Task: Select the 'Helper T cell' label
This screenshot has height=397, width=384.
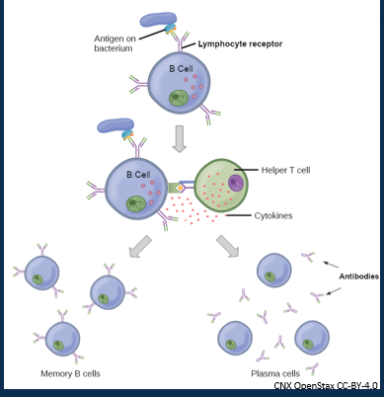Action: pos(289,170)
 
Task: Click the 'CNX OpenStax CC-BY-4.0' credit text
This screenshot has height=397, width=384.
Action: pos(327,385)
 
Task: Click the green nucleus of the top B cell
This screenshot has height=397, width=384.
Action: pos(179,100)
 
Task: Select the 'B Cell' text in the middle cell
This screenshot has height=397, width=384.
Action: pos(137,175)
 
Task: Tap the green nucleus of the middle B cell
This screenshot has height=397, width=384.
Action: pos(139,204)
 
